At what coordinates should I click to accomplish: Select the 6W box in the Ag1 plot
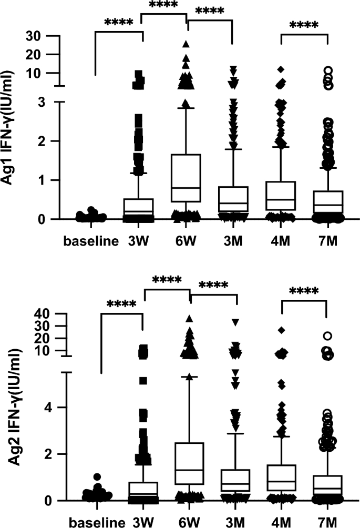point(187,178)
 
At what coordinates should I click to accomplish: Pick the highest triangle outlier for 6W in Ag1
point(186,44)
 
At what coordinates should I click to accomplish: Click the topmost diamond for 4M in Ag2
point(282,330)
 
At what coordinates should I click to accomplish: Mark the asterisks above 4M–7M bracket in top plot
point(304,25)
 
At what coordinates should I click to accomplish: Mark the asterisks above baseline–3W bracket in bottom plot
point(121,304)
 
